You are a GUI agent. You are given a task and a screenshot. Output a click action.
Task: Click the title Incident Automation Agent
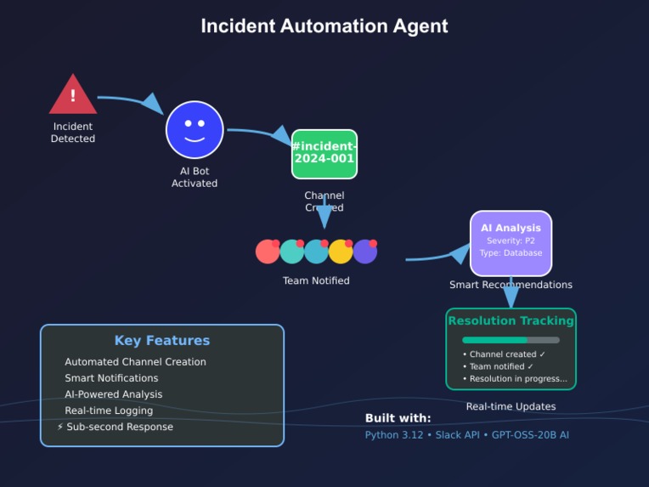tap(324, 26)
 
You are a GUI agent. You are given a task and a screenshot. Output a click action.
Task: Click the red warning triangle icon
tap(73, 95)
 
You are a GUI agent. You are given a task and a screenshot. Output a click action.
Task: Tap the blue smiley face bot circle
tap(195, 130)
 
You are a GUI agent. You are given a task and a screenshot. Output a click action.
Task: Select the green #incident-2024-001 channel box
tap(324, 154)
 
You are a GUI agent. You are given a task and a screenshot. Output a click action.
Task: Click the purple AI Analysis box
tap(511, 242)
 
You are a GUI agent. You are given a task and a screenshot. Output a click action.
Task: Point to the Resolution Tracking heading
tap(511, 321)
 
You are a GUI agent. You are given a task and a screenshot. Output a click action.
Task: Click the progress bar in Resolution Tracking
tap(511, 340)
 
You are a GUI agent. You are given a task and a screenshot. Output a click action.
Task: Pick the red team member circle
tap(268, 252)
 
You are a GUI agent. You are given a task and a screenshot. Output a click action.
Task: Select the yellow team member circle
tap(341, 252)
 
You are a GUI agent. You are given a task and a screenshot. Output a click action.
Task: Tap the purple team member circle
tap(364, 252)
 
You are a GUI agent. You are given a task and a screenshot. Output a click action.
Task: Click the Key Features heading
tap(162, 341)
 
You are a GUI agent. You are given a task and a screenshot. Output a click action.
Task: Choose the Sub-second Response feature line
tap(119, 427)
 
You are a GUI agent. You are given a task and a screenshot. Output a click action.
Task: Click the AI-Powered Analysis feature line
tap(114, 394)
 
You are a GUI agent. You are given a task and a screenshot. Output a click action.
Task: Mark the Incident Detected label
tap(73, 133)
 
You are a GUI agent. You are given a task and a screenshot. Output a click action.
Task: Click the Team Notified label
tap(316, 280)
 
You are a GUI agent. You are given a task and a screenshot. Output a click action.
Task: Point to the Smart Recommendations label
tap(511, 285)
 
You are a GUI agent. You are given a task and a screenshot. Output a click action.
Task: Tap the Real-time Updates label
tap(511, 406)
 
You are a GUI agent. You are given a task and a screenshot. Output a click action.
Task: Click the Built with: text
tap(398, 418)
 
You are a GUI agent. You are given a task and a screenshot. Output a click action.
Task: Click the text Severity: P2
tap(511, 241)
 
